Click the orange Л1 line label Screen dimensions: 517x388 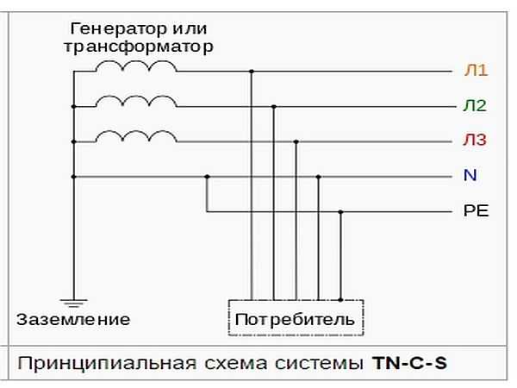tap(476, 70)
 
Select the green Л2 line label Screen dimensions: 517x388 tap(475, 105)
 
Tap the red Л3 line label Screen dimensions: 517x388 tap(475, 140)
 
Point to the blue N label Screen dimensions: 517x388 tap(470, 175)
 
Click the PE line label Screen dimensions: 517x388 tap(476, 210)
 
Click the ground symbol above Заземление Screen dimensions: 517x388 tap(73, 303)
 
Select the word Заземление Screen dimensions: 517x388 tap(73, 319)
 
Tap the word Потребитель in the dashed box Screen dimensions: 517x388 tap(295, 319)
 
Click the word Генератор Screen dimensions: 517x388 tap(118, 29)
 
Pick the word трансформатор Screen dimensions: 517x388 tap(139, 47)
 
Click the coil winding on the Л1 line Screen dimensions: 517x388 tap(136, 66)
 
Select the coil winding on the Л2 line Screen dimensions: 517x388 tap(136, 101)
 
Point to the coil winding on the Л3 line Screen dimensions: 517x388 tap(136, 136)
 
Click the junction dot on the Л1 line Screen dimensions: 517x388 tap(252, 72)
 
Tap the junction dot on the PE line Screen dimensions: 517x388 tap(340, 212)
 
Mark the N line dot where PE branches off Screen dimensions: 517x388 tap(207, 177)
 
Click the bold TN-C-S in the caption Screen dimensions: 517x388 tap(409, 363)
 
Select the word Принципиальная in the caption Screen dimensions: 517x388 tap(107, 364)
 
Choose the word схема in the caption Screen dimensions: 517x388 tap(236, 364)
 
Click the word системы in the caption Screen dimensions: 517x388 tap(319, 364)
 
